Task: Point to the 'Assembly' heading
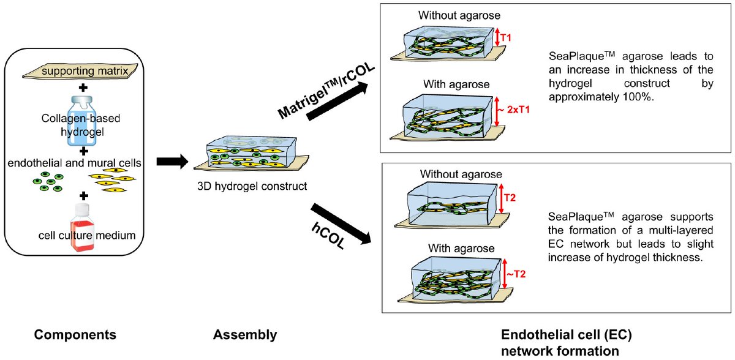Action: [x=245, y=335]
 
